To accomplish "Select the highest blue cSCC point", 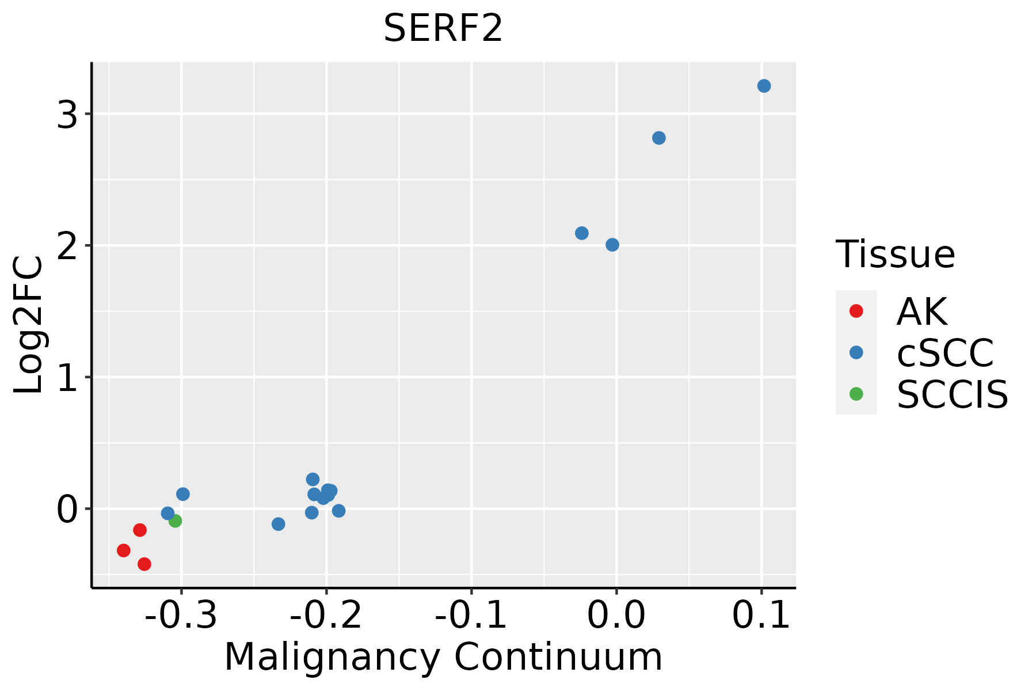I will click(x=764, y=86).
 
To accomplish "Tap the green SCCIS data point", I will click(x=175, y=521).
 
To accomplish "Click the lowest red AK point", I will click(x=144, y=564).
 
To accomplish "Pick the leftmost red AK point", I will click(x=124, y=550).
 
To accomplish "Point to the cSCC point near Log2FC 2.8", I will click(x=659, y=138).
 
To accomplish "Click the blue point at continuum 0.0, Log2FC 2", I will click(x=612, y=245).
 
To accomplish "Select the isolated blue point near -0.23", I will click(x=278, y=524).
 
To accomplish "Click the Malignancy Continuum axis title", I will click(x=443, y=657).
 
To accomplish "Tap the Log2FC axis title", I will click(x=29, y=325).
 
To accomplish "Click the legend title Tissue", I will click(x=895, y=254).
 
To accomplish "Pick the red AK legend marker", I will click(x=856, y=311).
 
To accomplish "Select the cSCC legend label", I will click(x=945, y=352).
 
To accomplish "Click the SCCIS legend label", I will click(x=953, y=394).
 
